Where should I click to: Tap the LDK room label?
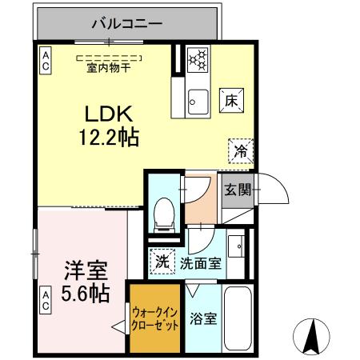(x=108, y=114)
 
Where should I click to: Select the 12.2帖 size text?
(x=108, y=138)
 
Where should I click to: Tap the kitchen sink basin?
(x=196, y=100)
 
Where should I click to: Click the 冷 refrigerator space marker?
(x=240, y=150)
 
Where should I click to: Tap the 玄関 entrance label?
(x=237, y=190)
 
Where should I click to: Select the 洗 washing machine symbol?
(x=161, y=260)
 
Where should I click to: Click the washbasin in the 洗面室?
(x=237, y=244)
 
